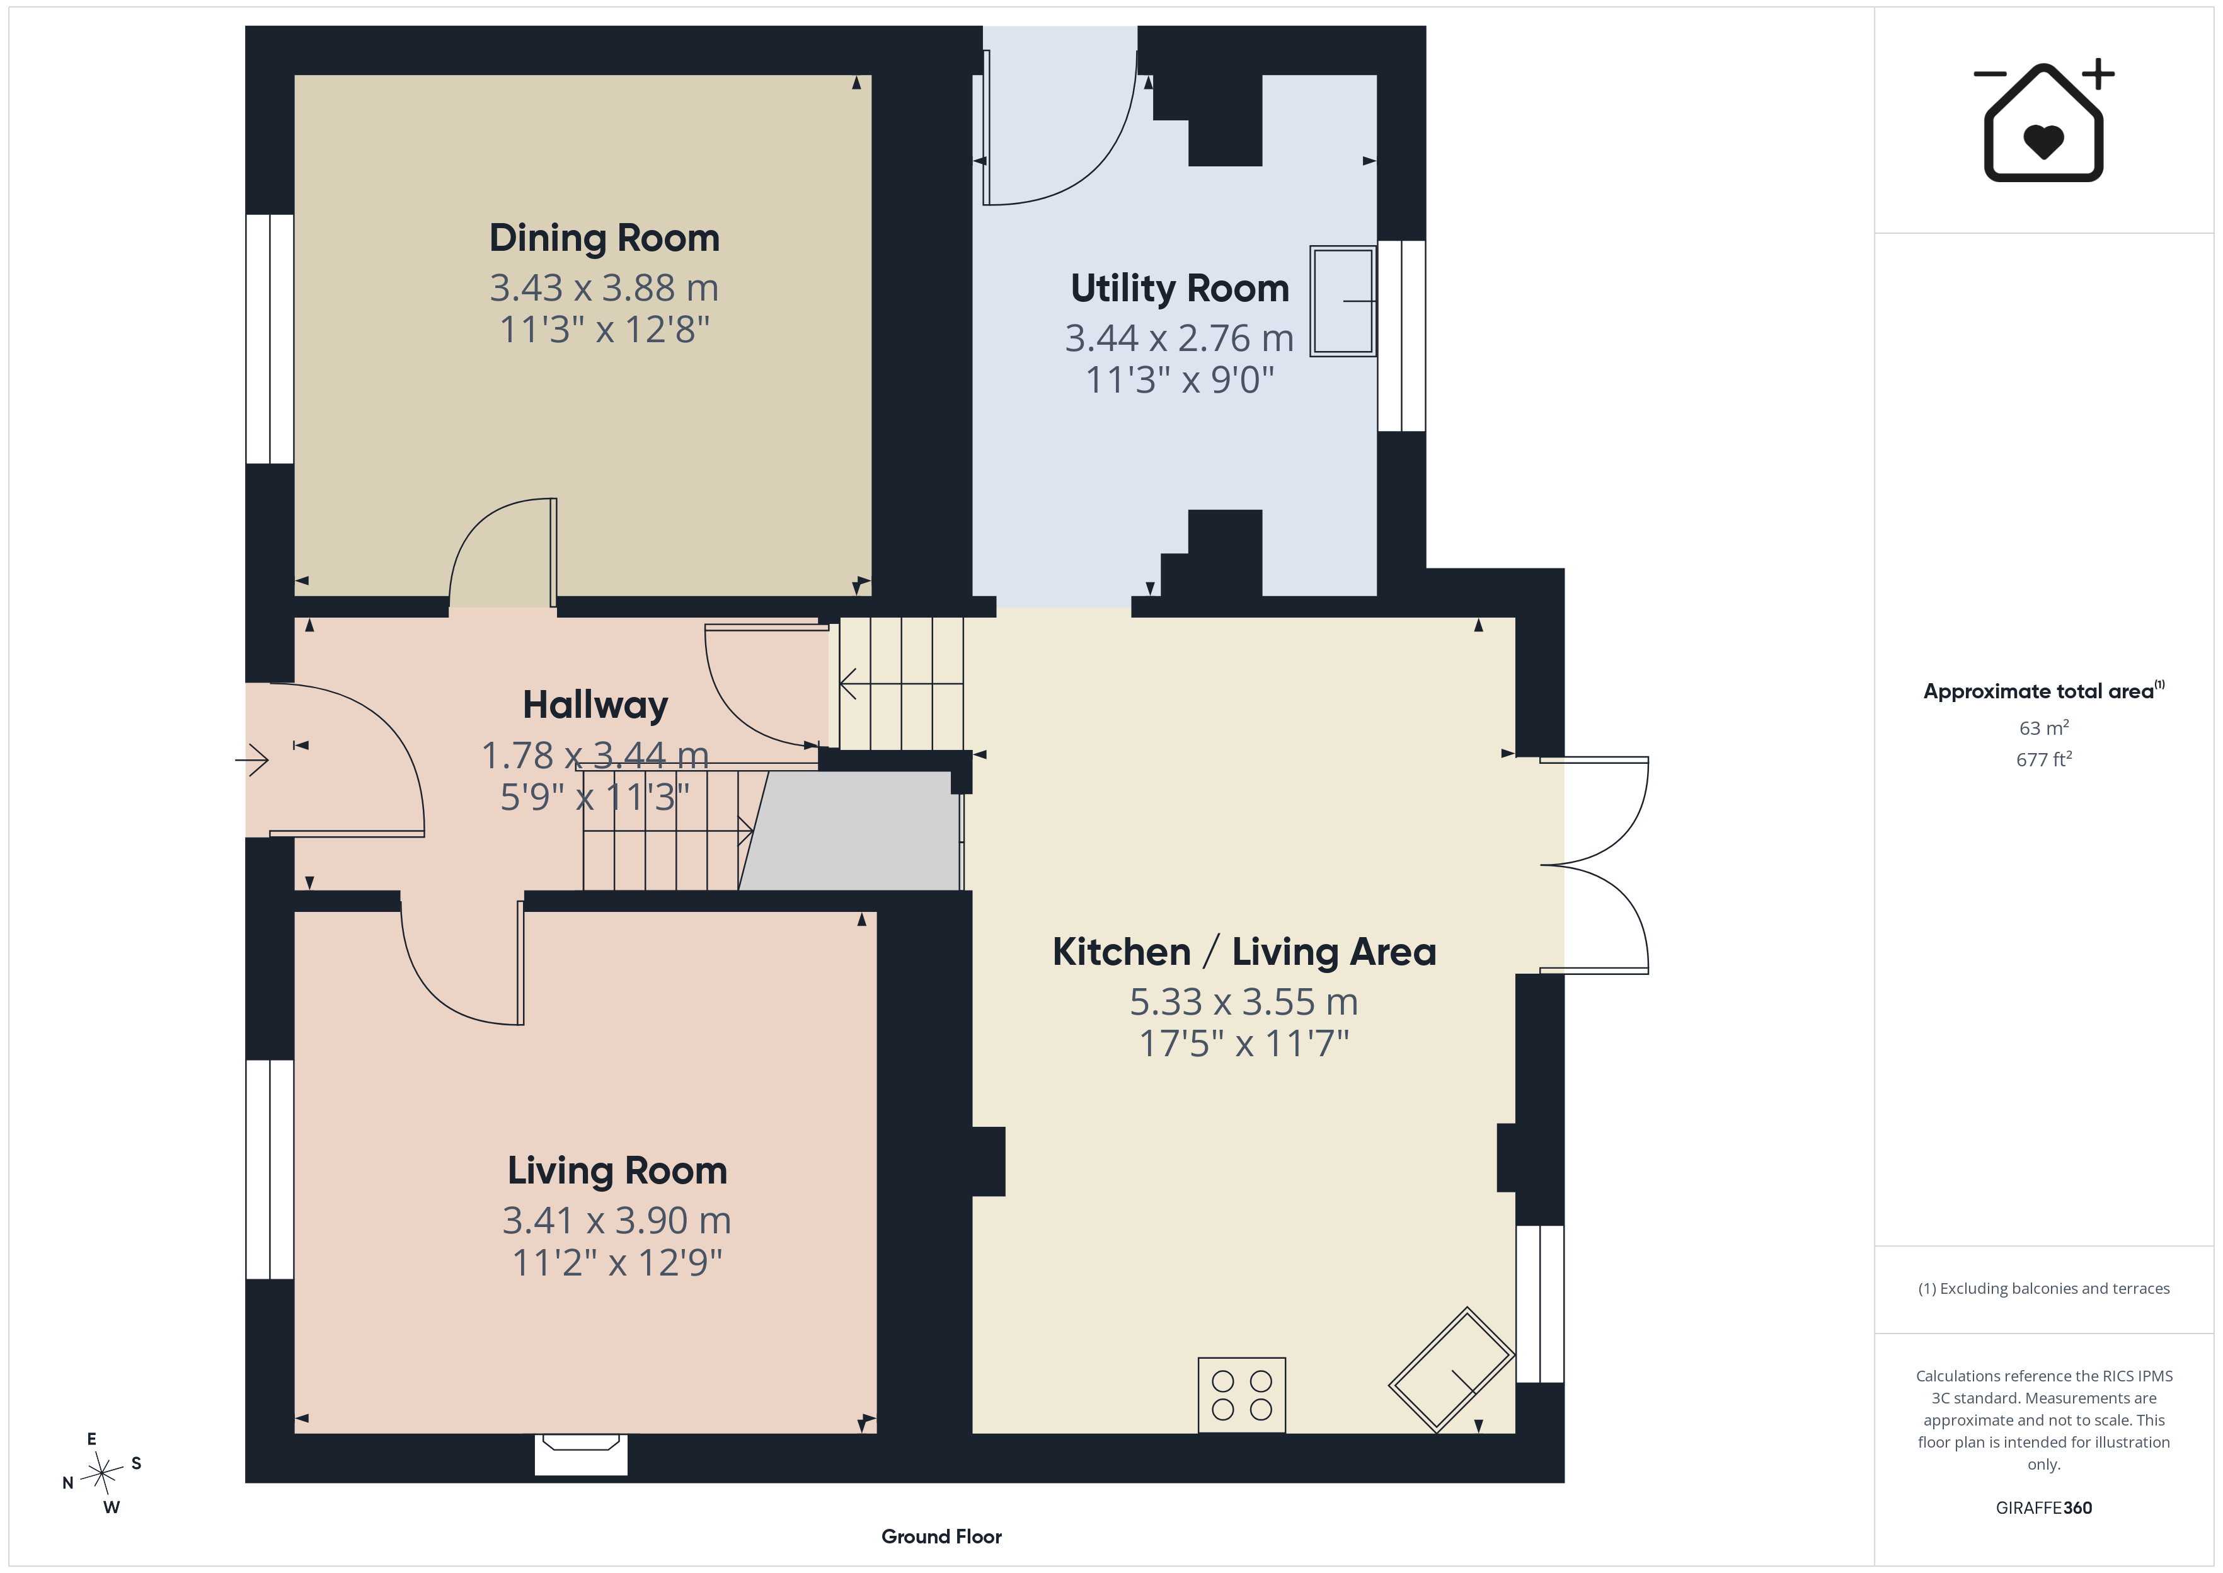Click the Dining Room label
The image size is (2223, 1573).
click(604, 238)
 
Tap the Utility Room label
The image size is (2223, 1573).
click(1180, 289)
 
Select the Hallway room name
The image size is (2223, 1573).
click(595, 705)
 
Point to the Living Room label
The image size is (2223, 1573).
click(617, 1171)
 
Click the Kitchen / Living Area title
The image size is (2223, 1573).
click(1244, 952)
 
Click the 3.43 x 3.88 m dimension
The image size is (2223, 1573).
click(604, 287)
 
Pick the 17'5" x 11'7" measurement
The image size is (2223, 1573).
click(1244, 1043)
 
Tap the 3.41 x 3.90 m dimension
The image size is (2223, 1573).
click(617, 1221)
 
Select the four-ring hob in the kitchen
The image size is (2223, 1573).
click(1241, 1395)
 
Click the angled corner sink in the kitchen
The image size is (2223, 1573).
click(1450, 1369)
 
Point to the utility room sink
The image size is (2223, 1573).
click(1343, 301)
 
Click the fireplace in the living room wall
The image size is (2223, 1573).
click(581, 1454)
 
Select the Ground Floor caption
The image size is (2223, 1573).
click(941, 1536)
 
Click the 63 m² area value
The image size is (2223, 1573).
click(2044, 727)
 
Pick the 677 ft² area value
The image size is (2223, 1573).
click(2044, 759)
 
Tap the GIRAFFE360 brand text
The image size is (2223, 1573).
click(2044, 1508)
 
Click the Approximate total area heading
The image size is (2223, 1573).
click(2043, 691)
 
